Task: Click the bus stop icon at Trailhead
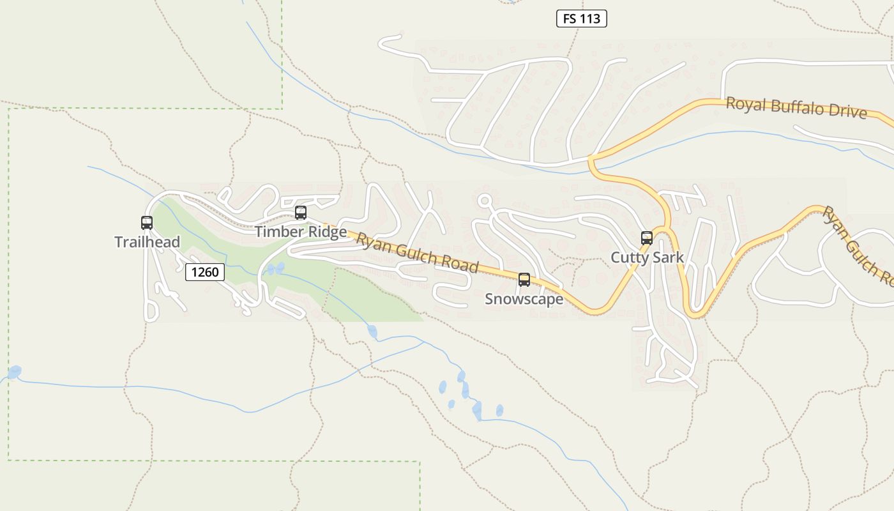point(147,223)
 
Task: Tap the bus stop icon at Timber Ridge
point(300,213)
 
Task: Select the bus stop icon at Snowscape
point(524,280)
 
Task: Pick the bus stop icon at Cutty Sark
point(647,238)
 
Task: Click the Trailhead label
point(147,242)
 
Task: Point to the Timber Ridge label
point(301,231)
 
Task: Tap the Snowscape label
point(524,299)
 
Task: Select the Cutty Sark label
point(647,257)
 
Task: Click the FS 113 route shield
point(581,19)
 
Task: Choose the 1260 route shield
point(205,272)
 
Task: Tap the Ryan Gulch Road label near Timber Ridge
point(416,253)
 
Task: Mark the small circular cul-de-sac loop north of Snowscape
point(485,201)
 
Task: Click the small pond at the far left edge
point(14,372)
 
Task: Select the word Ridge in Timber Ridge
point(326,231)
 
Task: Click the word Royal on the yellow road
point(745,103)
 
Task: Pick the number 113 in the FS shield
point(590,19)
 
